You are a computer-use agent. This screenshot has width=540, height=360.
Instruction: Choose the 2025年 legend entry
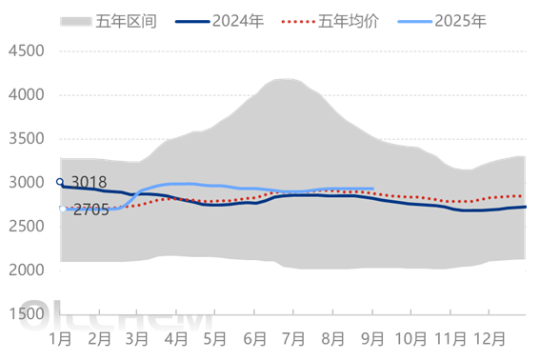pyautogui.click(x=460, y=21)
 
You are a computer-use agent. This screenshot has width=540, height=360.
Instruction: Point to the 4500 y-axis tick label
pyautogui.click(x=27, y=51)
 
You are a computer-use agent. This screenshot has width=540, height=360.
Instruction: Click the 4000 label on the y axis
pyautogui.click(x=27, y=95)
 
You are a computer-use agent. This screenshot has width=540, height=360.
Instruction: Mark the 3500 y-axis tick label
pyautogui.click(x=27, y=139)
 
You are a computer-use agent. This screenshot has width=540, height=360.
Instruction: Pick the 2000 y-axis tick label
pyautogui.click(x=27, y=270)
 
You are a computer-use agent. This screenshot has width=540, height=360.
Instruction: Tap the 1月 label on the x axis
pyautogui.click(x=61, y=337)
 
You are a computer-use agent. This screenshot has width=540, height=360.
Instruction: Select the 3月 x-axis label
pyautogui.click(x=135, y=337)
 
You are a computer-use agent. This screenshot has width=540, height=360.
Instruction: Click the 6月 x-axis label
pyautogui.click(x=253, y=337)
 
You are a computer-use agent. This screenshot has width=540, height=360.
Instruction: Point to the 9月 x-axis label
pyautogui.click(x=371, y=337)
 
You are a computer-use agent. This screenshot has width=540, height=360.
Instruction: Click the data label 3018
pyautogui.click(x=88, y=183)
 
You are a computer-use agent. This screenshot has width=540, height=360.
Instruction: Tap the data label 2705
pyautogui.click(x=90, y=210)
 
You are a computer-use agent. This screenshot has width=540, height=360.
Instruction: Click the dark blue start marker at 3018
pyautogui.click(x=60, y=182)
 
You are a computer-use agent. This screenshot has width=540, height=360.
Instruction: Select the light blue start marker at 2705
pyautogui.click(x=63, y=209)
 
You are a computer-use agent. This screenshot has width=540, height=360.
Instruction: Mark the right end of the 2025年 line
pyautogui.click(x=372, y=189)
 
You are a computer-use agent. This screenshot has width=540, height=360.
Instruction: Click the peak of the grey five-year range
pyautogui.click(x=284, y=80)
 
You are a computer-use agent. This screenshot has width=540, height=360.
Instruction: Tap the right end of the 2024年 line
pyautogui.click(x=525, y=207)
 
